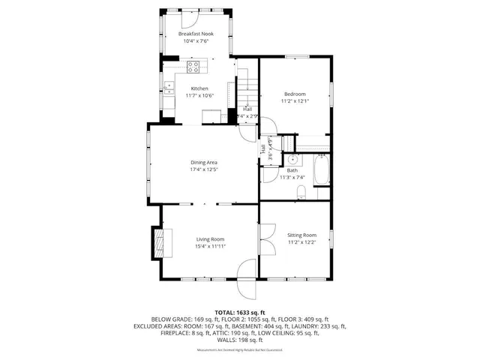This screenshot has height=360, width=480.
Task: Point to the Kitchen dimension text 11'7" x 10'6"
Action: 199,96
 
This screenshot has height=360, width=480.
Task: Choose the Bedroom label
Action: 295,94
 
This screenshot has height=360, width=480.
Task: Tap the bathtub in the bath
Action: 322,171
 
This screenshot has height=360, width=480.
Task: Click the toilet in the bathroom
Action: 302,193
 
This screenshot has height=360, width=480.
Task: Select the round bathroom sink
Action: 292,160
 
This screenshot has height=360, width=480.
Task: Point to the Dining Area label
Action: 203,162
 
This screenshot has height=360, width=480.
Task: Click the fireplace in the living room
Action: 158,244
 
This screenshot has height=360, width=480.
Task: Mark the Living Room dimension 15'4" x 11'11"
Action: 211,246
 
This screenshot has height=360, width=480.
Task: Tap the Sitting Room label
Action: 301,235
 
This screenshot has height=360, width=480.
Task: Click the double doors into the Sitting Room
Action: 262,245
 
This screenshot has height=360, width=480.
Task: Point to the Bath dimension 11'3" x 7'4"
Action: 292,177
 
